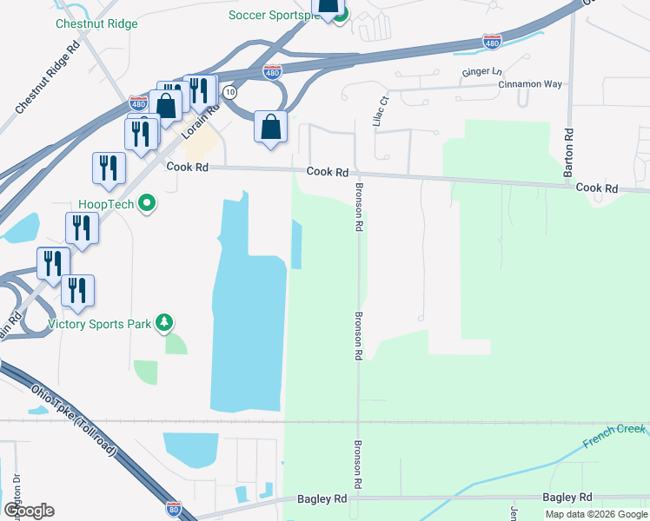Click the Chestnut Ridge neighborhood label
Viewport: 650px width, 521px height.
click(96, 23)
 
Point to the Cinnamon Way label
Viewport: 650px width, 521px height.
click(530, 84)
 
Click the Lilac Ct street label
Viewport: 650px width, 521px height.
click(378, 113)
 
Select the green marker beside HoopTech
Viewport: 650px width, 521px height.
click(148, 204)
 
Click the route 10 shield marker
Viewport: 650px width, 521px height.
click(229, 91)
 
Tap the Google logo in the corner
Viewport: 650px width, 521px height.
click(28, 511)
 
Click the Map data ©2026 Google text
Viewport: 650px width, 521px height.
click(596, 514)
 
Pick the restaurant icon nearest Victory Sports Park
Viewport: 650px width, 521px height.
click(78, 291)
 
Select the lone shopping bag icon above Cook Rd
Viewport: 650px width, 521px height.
click(271, 127)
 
